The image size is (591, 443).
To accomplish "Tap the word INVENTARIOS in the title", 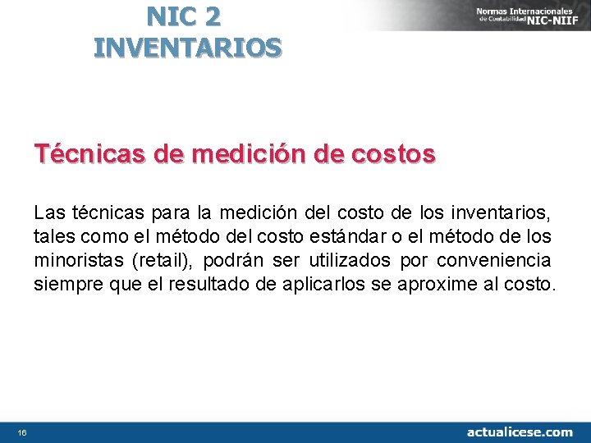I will (x=188, y=48).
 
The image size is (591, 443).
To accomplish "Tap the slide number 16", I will (x=21, y=432).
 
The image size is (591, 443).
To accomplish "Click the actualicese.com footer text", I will (x=520, y=432).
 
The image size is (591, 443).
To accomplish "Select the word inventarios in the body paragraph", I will (x=500, y=213).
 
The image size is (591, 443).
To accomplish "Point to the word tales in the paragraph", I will (x=52, y=237).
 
